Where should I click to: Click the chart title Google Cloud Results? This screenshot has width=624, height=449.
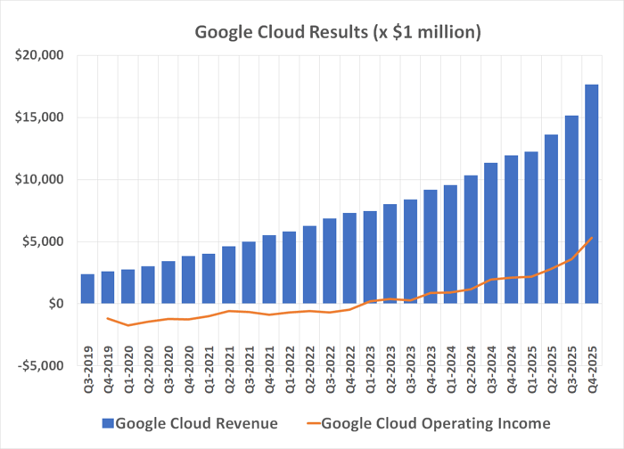(339, 33)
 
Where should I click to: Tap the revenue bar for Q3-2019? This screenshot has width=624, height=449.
(87, 289)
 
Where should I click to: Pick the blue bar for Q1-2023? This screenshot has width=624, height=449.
(369, 257)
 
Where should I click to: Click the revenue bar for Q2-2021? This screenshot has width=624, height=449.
(228, 275)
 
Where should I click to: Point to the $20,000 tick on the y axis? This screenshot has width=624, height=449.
(38, 55)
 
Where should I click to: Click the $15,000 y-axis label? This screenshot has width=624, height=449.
(38, 118)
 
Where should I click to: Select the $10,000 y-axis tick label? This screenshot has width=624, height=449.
(38, 179)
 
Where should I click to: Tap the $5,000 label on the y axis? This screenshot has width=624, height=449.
(42, 241)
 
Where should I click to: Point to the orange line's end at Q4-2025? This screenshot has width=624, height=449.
(591, 237)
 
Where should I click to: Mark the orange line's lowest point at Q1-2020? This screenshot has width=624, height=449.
(127, 325)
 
